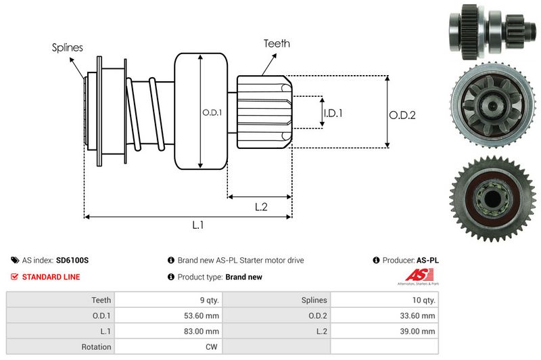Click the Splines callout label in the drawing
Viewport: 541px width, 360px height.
click(68, 47)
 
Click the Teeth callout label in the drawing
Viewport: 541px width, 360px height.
click(277, 43)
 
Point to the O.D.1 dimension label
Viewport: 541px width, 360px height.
click(212, 112)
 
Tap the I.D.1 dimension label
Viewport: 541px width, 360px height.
click(333, 113)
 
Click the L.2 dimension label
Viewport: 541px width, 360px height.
click(262, 207)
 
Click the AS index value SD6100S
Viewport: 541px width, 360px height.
click(72, 260)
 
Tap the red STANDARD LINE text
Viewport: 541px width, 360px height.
click(51, 277)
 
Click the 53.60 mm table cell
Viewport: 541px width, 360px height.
click(202, 315)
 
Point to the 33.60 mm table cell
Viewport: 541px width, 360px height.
click(419, 315)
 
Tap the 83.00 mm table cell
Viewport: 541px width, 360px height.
click(202, 331)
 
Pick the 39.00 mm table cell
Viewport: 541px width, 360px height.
click(419, 331)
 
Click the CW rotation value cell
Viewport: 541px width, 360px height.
click(212, 347)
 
